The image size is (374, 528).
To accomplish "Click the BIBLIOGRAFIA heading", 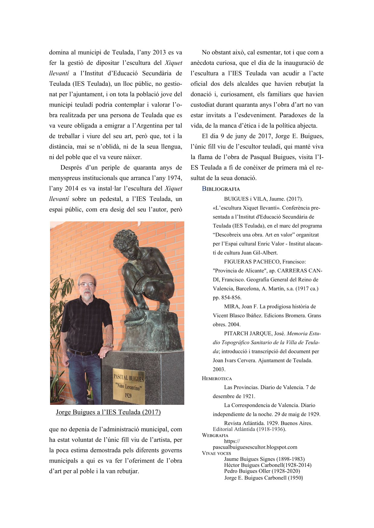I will pyautogui.click(x=221, y=189).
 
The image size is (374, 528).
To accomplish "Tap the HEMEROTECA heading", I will pyautogui.click(x=217, y=379).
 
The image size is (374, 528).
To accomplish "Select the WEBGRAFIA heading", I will pyautogui.click(x=215, y=435).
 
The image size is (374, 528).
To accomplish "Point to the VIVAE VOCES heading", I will pyautogui.click(x=216, y=453).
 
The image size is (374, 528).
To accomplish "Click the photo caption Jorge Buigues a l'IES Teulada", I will pyautogui.click(x=108, y=412).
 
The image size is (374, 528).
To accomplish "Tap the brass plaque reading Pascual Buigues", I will pyautogui.click(x=128, y=386).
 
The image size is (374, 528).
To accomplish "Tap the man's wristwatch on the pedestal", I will pyautogui.click(x=109, y=345).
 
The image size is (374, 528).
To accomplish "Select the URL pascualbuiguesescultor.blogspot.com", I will pyautogui.click(x=255, y=447).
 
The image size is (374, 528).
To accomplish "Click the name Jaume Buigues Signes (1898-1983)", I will pyautogui.click(x=264, y=459).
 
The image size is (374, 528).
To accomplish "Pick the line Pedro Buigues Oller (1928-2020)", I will pyautogui.click(x=262, y=471).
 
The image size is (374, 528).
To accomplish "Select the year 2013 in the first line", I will pyautogui.click(x=159, y=52).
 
